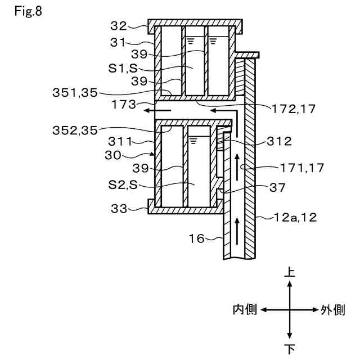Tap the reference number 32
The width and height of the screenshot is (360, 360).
click(118, 25)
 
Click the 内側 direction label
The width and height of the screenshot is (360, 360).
click(245, 310)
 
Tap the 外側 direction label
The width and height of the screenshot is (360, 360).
click(333, 310)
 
